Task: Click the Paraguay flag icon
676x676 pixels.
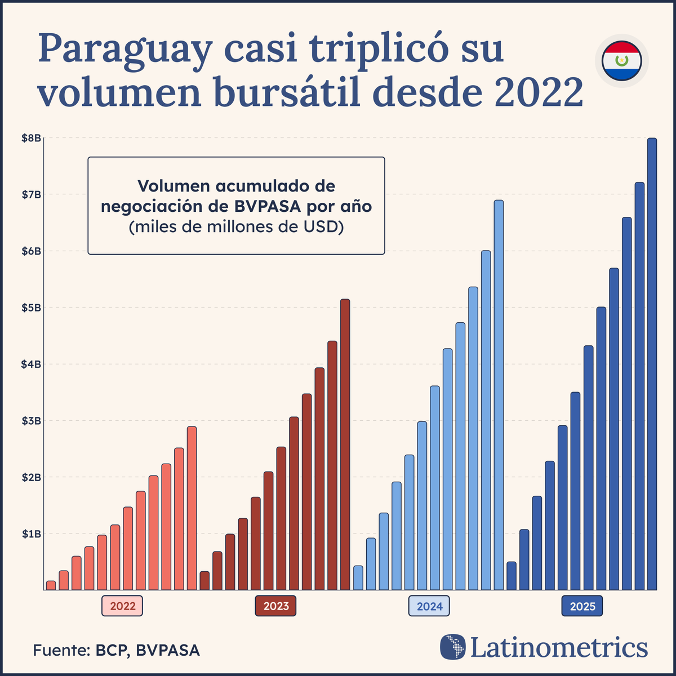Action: [621, 60]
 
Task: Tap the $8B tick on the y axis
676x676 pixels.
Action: [31, 138]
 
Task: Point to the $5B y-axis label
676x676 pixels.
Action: [31, 308]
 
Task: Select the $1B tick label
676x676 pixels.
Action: [31, 533]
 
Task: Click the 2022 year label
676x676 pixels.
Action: [122, 606]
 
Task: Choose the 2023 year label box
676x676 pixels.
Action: [275, 606]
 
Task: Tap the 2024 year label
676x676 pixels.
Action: [429, 606]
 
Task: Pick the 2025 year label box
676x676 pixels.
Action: [582, 606]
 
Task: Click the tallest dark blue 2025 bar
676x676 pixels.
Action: [652, 364]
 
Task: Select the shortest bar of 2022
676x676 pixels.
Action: [51, 585]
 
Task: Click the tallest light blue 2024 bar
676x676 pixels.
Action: [499, 395]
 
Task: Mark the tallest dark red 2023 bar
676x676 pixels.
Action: [345, 444]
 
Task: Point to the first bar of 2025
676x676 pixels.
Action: [512, 576]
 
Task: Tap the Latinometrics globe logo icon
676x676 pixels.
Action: [453, 647]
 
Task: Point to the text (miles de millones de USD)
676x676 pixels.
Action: [236, 228]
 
